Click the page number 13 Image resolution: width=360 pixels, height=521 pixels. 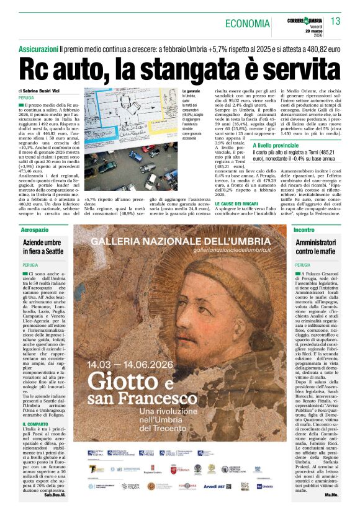336,22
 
